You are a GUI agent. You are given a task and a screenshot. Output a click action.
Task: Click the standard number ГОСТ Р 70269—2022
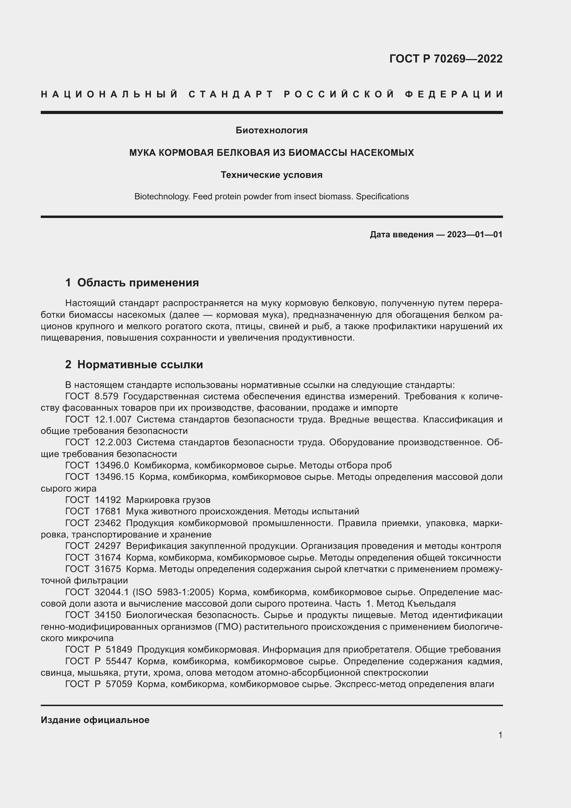[x=446, y=59]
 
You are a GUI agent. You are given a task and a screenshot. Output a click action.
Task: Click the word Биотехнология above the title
[x=271, y=130]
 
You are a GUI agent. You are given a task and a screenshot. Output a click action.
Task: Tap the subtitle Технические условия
[x=271, y=175]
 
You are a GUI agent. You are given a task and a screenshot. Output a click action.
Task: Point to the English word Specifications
[x=382, y=197]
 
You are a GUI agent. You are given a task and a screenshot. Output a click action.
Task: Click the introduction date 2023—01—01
[x=475, y=234]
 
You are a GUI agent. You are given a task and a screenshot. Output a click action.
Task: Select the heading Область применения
[x=138, y=283]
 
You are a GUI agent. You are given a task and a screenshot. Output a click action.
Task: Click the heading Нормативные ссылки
[x=140, y=364]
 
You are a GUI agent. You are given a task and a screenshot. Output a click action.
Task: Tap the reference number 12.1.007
[x=113, y=419]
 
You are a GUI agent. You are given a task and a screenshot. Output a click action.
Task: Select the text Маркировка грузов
[x=168, y=500]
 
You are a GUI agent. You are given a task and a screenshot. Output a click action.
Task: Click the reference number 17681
[x=108, y=511]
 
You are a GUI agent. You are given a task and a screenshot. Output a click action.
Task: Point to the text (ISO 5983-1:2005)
[x=173, y=592]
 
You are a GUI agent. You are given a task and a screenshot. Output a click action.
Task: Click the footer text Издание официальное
[x=95, y=720]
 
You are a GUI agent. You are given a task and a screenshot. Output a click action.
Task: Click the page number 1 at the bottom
[x=500, y=735]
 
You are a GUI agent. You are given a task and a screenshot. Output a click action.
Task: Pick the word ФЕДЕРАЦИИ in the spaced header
[x=454, y=94]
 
